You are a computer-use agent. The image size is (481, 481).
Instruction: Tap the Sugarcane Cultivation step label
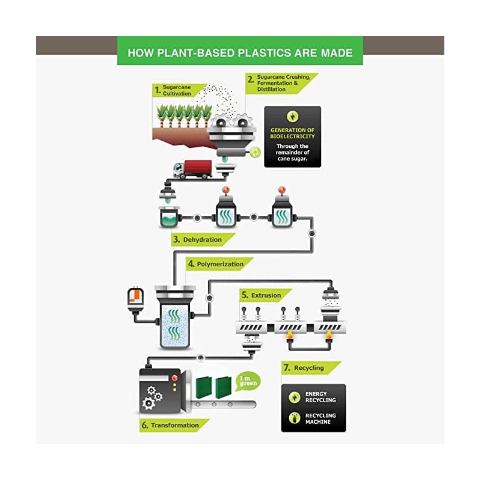click(177, 90)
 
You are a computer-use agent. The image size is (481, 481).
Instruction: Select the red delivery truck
click(192, 169)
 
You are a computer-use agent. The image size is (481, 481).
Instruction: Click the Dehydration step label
click(202, 239)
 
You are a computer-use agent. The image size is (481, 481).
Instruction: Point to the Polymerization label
click(220, 264)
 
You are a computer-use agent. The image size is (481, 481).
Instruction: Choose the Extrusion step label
click(266, 295)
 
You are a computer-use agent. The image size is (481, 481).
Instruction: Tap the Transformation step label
click(174, 425)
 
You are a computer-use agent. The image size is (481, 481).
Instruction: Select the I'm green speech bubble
click(248, 381)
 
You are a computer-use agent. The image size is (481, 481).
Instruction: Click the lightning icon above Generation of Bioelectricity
click(292, 117)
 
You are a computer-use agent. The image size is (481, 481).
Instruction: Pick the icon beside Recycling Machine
click(295, 418)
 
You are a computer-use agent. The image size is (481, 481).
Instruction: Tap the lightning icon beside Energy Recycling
click(295, 397)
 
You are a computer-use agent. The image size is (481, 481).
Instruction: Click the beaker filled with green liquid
click(169, 216)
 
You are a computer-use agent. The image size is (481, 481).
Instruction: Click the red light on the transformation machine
click(174, 378)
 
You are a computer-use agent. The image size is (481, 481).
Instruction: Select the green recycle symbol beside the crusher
click(255, 152)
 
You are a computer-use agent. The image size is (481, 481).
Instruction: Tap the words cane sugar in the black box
click(292, 159)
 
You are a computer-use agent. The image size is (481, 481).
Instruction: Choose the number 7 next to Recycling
click(287, 367)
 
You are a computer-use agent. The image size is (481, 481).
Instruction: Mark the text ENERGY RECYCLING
click(320, 397)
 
